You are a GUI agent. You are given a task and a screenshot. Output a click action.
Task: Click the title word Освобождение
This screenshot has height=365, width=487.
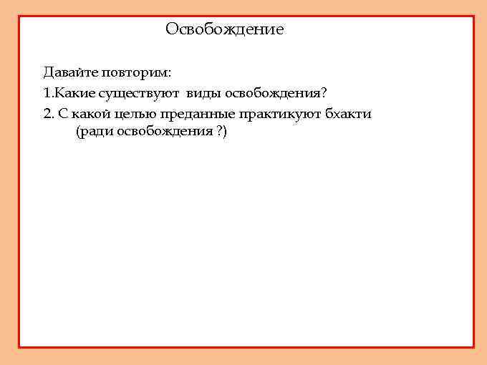(224, 29)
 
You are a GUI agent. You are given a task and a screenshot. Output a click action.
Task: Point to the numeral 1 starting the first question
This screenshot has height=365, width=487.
(47, 93)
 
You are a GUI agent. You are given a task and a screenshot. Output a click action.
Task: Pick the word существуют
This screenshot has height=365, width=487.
(139, 94)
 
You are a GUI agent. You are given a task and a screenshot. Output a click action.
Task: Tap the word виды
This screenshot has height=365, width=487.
(205, 94)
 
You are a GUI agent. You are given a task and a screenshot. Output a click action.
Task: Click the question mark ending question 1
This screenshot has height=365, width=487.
(324, 93)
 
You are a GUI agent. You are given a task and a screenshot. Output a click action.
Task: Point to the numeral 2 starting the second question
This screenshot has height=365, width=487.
(47, 114)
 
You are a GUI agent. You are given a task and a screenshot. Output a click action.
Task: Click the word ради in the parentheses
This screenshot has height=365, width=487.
(95, 133)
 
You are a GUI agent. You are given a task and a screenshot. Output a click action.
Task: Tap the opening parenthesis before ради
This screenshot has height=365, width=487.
(77, 133)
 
